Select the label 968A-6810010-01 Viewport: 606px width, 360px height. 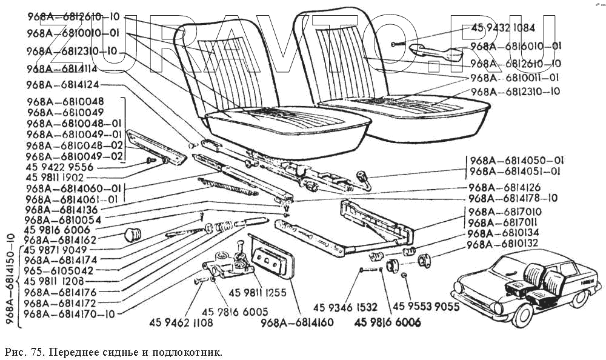[x=73, y=33]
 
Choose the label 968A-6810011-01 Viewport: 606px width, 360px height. [x=514, y=78]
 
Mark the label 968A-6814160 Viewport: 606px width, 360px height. [x=297, y=322]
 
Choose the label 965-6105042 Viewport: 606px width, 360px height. [x=59, y=271]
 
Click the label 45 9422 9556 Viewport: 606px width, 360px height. [x=59, y=167]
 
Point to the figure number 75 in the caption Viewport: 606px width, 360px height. [x=35, y=352]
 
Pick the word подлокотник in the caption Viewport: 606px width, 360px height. [x=188, y=352]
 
